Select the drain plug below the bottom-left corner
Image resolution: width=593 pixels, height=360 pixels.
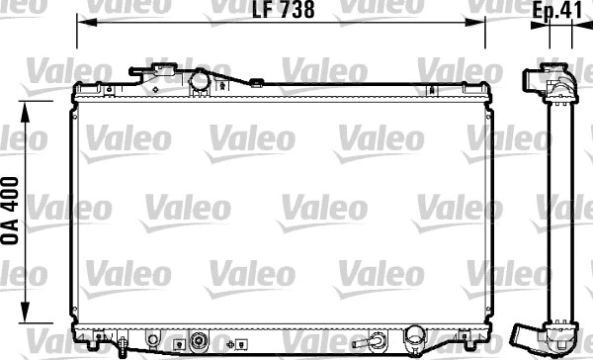(120, 348)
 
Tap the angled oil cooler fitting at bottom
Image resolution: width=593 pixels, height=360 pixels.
(377, 342)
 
